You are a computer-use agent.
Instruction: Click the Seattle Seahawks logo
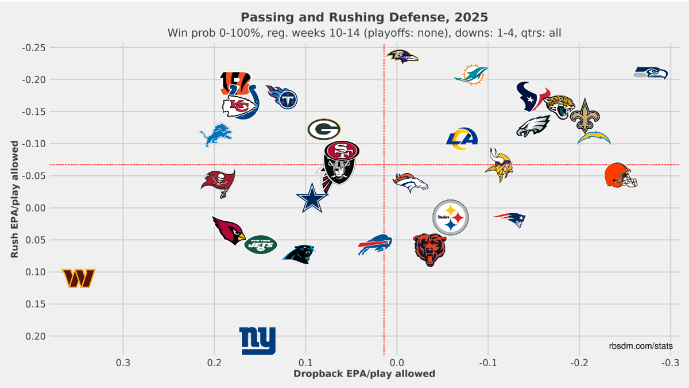click(651, 73)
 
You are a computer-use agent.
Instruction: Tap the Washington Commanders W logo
click(79, 278)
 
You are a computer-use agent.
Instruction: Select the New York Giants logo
click(257, 340)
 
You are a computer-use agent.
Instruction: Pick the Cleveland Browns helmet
click(621, 175)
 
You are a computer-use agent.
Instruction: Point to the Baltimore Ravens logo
click(402, 56)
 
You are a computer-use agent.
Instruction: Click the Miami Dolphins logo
click(471, 75)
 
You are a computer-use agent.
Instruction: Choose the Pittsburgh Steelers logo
click(451, 217)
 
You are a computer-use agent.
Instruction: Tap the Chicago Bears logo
click(429, 249)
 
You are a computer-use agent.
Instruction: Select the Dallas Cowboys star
click(312, 198)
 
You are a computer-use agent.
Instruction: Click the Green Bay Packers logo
click(324, 129)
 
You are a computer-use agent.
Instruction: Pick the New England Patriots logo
click(509, 218)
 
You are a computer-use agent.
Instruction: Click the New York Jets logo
click(261, 245)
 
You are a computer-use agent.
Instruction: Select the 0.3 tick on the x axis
click(123, 363)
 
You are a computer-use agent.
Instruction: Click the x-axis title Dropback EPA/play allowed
click(364, 374)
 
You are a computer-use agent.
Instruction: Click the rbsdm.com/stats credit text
click(641, 345)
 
